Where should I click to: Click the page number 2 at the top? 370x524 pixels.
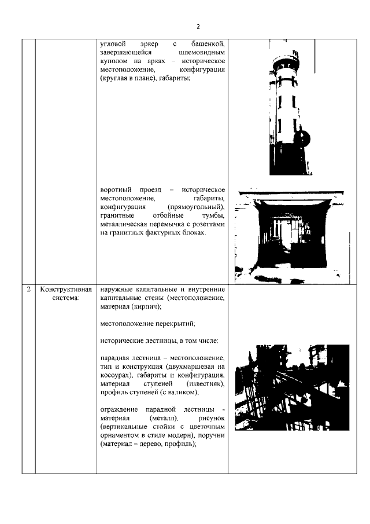tap(198, 26)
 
